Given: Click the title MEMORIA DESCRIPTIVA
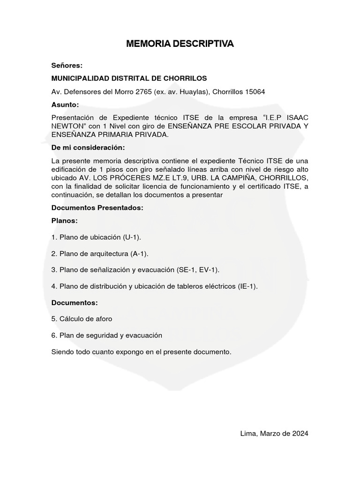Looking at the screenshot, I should (180, 44).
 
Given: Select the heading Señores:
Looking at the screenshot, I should (67, 65).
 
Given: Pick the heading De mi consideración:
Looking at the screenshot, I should (89, 148).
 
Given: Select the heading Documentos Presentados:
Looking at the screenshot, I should (97, 207).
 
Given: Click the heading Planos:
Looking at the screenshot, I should (65, 220).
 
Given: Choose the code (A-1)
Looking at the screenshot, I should (138, 254).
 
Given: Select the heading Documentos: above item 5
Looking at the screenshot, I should (75, 303).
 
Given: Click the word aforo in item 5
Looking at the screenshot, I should (103, 319).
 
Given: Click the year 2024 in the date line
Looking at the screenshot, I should (299, 434).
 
